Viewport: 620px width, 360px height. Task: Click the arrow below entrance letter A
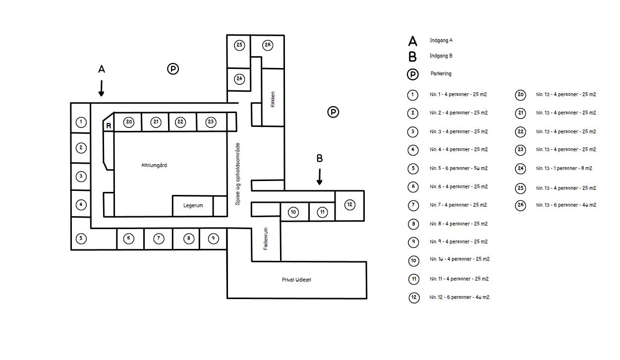[x=101, y=88]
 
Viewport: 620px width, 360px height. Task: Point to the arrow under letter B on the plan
[x=320, y=177]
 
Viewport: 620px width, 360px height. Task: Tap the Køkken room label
[x=273, y=99]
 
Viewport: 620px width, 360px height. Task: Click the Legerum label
[x=193, y=205]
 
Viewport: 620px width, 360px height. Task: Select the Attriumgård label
[x=154, y=165]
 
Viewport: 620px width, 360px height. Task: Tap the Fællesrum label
[x=266, y=239]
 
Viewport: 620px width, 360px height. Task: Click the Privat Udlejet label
[x=296, y=280]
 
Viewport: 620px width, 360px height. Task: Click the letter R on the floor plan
[x=109, y=126]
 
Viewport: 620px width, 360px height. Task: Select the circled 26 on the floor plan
[x=268, y=45]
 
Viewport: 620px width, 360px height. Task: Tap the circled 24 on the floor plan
[x=240, y=79]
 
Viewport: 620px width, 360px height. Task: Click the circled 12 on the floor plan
[x=350, y=204]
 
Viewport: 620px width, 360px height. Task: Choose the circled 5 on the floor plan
[x=81, y=239]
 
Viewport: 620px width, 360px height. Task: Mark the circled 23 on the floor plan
[x=211, y=121]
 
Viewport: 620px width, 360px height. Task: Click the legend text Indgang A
[x=441, y=40]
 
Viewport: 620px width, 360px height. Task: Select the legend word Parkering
[x=441, y=73]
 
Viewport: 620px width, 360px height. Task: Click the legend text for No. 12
[x=459, y=297]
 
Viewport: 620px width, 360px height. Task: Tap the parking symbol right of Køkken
[x=334, y=112]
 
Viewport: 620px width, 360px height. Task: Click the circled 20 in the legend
[x=520, y=95]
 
